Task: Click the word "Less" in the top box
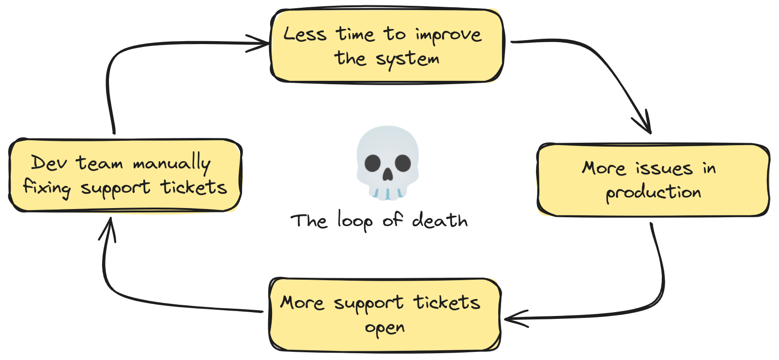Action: click(x=305, y=34)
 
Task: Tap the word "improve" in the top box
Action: click(x=448, y=35)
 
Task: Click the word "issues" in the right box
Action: click(x=664, y=168)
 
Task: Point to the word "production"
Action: click(x=653, y=193)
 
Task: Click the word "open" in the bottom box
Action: click(x=384, y=328)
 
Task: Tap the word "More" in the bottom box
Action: click(x=302, y=303)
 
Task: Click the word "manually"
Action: click(x=172, y=163)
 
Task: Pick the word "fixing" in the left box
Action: click(x=47, y=187)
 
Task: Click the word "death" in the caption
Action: click(x=440, y=221)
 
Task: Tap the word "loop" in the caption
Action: click(x=355, y=222)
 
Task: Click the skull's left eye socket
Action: click(x=373, y=163)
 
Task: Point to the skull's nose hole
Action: click(x=388, y=175)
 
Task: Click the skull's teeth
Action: click(x=387, y=194)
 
